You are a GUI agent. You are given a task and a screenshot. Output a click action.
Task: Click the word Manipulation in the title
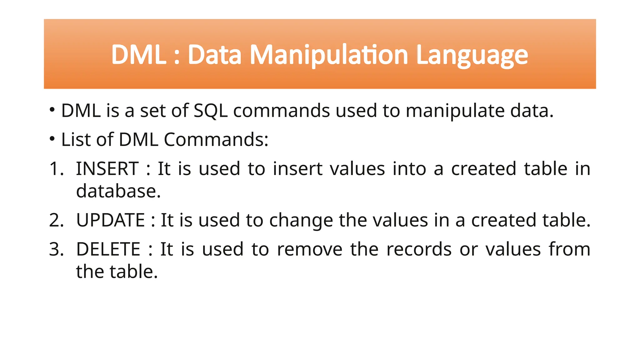329,55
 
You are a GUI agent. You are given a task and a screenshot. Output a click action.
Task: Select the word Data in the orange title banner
214,55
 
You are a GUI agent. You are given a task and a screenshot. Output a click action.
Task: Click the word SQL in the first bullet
211,111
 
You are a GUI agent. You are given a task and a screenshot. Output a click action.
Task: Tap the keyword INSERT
107,169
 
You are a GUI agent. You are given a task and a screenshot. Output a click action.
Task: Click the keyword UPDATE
110,220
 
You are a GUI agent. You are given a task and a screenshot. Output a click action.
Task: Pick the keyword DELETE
108,249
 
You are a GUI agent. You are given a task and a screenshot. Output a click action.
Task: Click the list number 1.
56,169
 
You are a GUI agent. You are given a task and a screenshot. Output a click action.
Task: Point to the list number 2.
56,220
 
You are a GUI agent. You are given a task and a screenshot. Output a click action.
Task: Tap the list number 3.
56,249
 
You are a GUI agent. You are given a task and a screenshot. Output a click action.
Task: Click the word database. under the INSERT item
118,191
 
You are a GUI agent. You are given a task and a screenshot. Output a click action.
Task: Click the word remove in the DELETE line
310,249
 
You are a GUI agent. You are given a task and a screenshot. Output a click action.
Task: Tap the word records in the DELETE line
419,249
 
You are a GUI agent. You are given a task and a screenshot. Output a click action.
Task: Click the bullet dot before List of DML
52,138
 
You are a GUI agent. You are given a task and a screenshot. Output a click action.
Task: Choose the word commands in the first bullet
281,111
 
